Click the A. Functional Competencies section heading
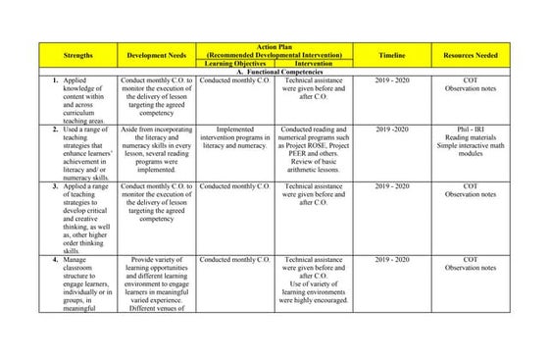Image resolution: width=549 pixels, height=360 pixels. tap(274, 72)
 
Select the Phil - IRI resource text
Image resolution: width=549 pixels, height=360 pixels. tap(471, 129)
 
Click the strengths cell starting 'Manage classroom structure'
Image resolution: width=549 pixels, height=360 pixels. tap(84, 283)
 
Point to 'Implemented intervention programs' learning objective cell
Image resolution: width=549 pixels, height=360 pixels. tap(234, 137)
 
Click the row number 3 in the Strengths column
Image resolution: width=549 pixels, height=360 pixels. tap(55, 185)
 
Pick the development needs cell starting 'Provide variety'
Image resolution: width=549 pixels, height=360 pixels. tap(156, 283)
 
